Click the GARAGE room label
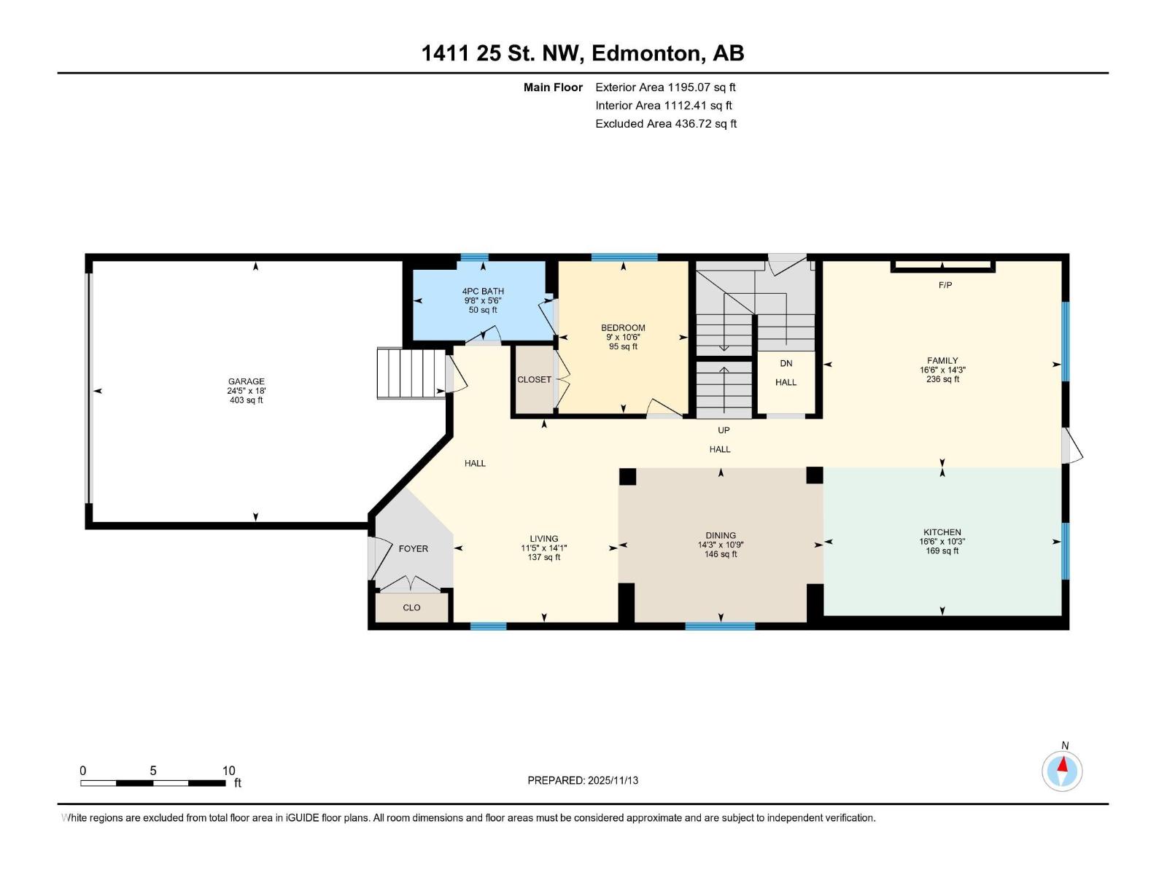point(246,381)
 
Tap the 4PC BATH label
point(484,291)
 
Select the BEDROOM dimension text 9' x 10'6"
point(623,337)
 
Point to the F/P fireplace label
point(945,285)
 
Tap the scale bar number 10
point(228,771)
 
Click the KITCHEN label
point(942,532)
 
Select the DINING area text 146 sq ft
point(721,554)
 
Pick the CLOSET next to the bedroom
point(534,380)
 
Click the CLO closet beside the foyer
point(411,607)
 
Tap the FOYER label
point(413,548)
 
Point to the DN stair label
point(786,363)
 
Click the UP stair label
point(724,430)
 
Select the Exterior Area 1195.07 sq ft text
point(665,87)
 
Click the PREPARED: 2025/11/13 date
point(583,780)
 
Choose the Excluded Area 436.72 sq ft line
point(665,123)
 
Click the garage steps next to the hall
point(411,373)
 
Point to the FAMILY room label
point(942,360)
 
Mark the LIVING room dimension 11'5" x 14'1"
point(543,548)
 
